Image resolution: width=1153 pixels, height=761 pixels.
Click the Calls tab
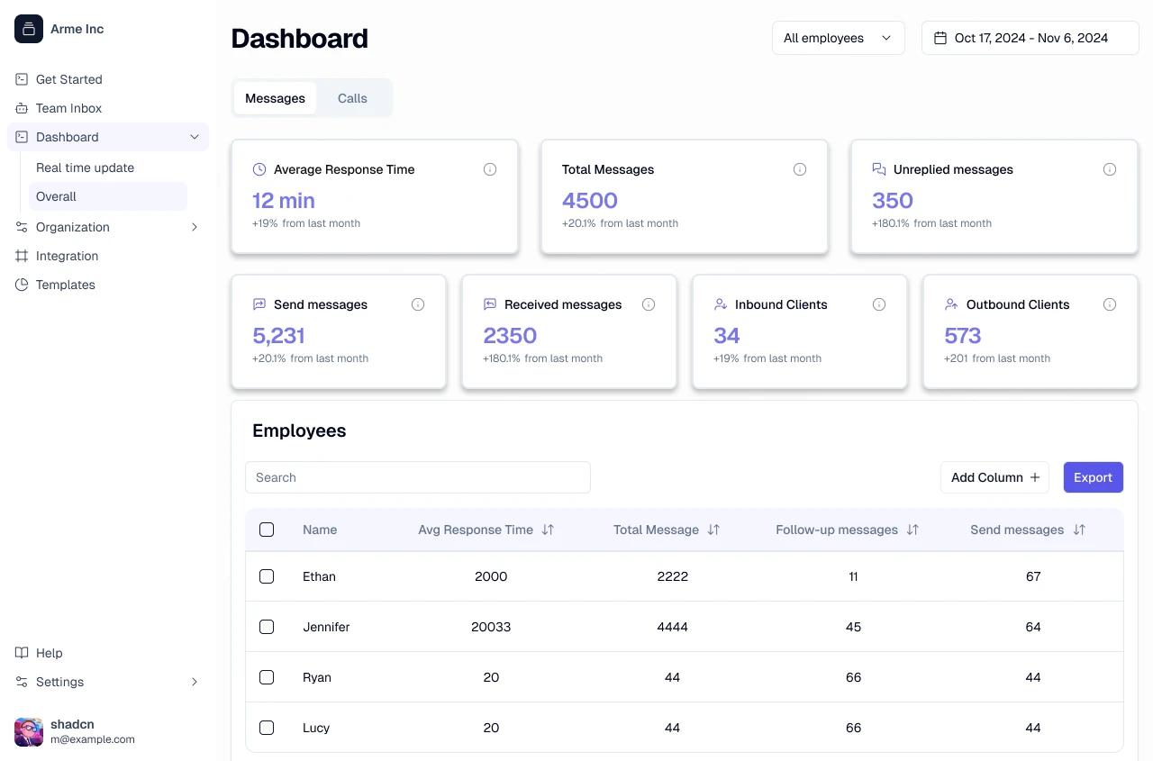coord(352,98)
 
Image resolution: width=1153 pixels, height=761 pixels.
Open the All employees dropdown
coord(838,38)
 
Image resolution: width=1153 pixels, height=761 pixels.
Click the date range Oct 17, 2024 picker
coord(1030,38)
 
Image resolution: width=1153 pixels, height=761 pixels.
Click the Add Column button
coord(994,477)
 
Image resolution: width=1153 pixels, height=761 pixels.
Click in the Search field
coord(418,477)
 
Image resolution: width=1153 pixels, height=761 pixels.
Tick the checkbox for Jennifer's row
coord(267,627)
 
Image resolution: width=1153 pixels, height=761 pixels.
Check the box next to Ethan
coord(267,576)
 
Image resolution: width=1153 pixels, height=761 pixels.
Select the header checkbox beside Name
coord(267,530)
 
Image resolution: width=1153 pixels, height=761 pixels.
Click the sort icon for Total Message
coord(713,530)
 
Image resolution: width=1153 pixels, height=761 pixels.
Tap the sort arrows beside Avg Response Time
coord(548,530)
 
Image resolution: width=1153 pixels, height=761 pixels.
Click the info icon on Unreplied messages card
coord(1110,169)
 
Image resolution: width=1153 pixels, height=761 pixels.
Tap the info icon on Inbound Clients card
coord(879,304)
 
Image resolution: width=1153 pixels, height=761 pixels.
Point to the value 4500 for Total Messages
coord(590,201)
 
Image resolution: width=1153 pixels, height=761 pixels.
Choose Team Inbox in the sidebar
coord(68,108)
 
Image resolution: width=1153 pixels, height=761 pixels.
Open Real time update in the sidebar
coord(85,168)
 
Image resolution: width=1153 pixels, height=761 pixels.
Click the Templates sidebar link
coord(65,285)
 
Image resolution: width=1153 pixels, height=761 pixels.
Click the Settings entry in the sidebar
coord(59,682)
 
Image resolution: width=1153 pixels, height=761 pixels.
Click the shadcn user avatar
coord(29,731)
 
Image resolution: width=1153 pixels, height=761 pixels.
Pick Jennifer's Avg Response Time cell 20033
coord(491,627)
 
